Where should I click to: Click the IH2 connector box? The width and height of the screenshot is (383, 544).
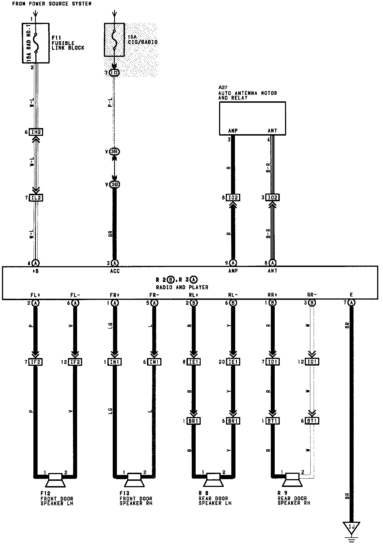pyautogui.click(x=36, y=132)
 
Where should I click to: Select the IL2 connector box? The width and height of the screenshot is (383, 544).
pyautogui.click(x=36, y=198)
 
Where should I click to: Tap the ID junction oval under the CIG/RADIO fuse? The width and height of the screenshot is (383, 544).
pyautogui.click(x=114, y=73)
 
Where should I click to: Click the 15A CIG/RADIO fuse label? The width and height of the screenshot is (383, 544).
pyautogui.click(x=143, y=40)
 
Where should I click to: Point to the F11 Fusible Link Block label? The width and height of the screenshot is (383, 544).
pyautogui.click(x=68, y=43)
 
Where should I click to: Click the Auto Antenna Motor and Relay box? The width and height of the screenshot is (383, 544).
pyautogui.click(x=252, y=118)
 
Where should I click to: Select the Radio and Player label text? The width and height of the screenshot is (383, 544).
pyautogui.click(x=182, y=287)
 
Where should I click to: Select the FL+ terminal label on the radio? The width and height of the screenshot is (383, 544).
pyautogui.click(x=35, y=295)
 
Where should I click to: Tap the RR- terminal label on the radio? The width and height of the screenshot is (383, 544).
pyautogui.click(x=312, y=295)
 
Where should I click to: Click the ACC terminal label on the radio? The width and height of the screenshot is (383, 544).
pyautogui.click(x=114, y=271)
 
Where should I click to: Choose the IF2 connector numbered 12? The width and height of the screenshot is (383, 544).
pyautogui.click(x=75, y=362)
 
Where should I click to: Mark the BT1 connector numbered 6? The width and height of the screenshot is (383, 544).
pyautogui.click(x=312, y=421)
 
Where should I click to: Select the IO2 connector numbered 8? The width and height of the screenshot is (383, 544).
pyautogui.click(x=233, y=198)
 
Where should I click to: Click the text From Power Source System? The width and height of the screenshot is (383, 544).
pyautogui.click(x=52, y=4)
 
